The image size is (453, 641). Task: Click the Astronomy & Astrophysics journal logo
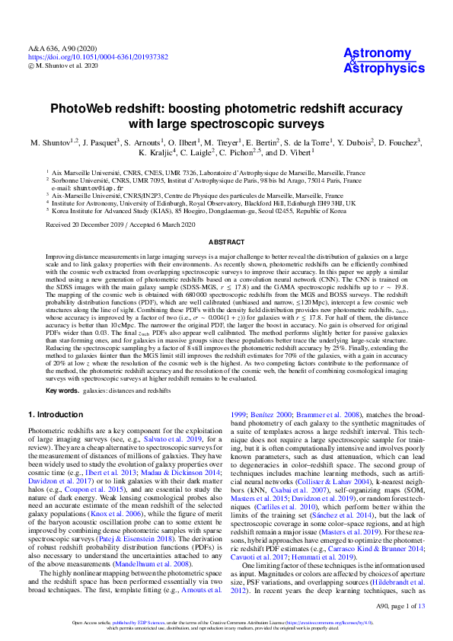(384, 60)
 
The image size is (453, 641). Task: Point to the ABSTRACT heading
(226, 241)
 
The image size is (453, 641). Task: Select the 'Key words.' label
(62, 391)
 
